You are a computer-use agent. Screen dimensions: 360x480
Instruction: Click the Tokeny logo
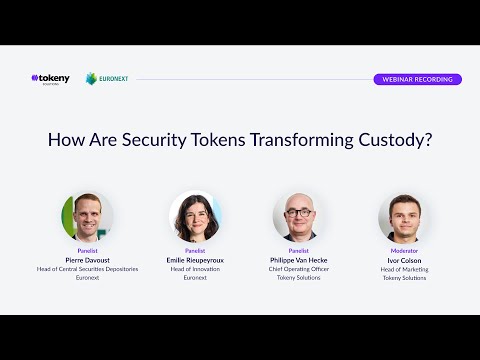[x=50, y=78]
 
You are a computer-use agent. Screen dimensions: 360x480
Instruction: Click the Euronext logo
[x=107, y=78]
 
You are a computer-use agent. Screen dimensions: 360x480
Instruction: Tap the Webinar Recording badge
[x=417, y=79]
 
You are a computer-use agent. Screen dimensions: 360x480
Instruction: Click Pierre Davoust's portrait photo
[x=88, y=217]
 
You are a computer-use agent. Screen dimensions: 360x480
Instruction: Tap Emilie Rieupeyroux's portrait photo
[x=195, y=217]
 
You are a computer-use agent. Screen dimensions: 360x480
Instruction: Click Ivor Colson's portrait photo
[x=405, y=217]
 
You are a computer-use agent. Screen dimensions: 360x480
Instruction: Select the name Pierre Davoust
[x=88, y=260]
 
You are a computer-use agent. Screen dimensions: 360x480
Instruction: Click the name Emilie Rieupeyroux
[x=195, y=260]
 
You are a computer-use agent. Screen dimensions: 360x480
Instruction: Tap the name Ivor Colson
[x=405, y=260]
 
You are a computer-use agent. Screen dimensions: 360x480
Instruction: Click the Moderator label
[x=405, y=251]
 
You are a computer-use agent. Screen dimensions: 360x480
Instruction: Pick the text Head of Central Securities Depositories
[x=88, y=269]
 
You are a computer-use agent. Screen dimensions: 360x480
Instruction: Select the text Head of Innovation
[x=195, y=269]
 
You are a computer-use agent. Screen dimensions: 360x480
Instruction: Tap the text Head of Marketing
[x=405, y=269]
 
